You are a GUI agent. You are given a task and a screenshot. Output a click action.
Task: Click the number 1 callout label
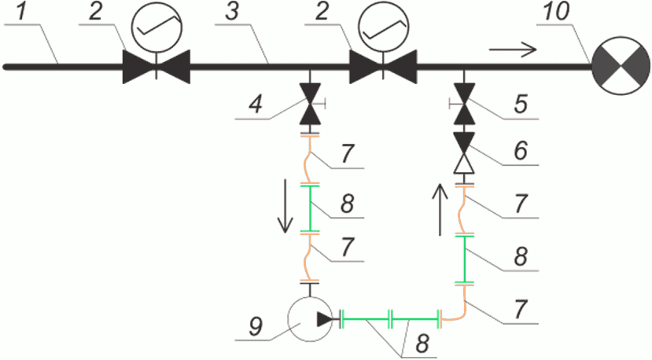click(21, 11)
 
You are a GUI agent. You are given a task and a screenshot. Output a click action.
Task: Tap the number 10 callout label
click(555, 11)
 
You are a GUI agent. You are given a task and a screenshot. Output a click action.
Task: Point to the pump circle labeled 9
click(310, 319)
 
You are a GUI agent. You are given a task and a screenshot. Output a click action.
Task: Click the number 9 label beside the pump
click(256, 326)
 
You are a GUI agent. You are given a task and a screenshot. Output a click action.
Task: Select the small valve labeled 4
click(310, 104)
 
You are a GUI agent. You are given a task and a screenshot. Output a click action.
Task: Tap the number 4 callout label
click(256, 104)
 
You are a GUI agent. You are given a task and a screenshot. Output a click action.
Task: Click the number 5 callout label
click(521, 104)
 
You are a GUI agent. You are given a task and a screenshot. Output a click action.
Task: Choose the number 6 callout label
click(521, 150)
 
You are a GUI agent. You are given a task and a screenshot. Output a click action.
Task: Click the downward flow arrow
click(285, 206)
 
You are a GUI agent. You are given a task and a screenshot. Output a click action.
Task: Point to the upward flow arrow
click(440, 210)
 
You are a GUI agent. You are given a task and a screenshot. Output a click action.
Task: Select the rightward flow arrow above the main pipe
click(513, 50)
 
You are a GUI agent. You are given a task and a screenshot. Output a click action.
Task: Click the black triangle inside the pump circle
click(325, 319)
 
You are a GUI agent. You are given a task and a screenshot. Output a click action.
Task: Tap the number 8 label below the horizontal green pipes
click(422, 344)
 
